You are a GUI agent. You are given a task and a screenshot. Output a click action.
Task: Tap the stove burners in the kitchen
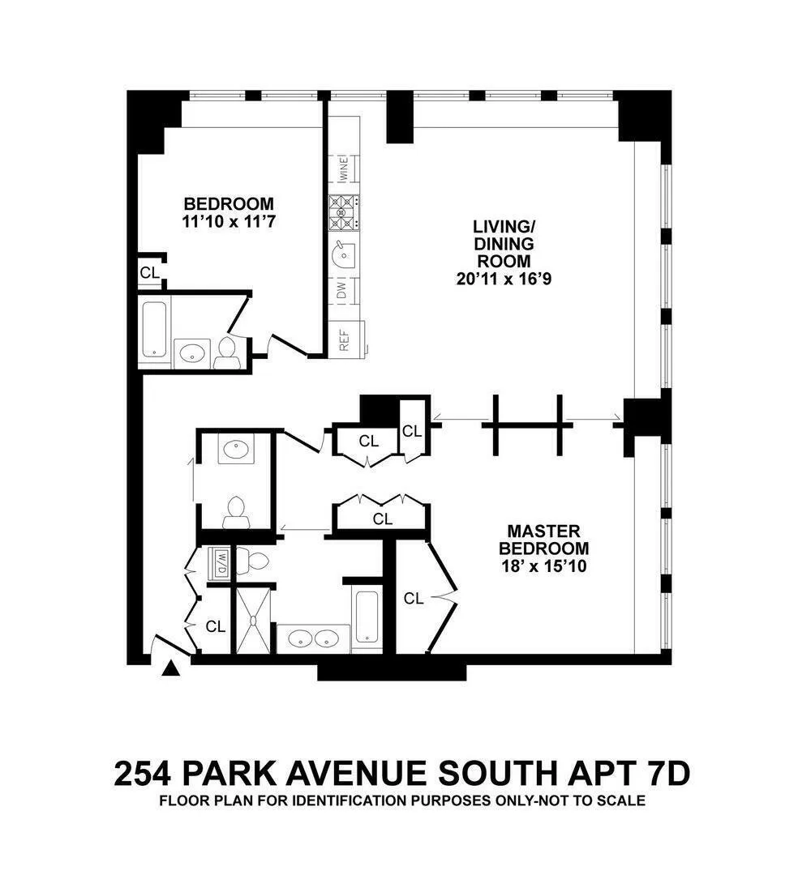pos(343,213)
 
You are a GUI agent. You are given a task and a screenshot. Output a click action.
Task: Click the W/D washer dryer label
pos(220,563)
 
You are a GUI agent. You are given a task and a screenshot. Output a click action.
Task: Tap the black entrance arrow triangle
pos(171,669)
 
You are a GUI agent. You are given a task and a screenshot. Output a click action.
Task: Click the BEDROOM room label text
pos(229,203)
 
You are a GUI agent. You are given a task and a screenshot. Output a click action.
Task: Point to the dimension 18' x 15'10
pos(543,566)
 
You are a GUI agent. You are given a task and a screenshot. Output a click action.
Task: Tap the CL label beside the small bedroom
pos(150,272)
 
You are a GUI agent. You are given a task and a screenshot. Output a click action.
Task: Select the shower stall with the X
pos(255,620)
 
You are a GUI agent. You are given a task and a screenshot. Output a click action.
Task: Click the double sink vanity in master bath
pos(314,638)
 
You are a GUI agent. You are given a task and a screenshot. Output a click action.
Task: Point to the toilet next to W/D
pos(257,561)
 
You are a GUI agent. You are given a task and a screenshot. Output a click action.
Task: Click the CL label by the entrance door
pos(215,626)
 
